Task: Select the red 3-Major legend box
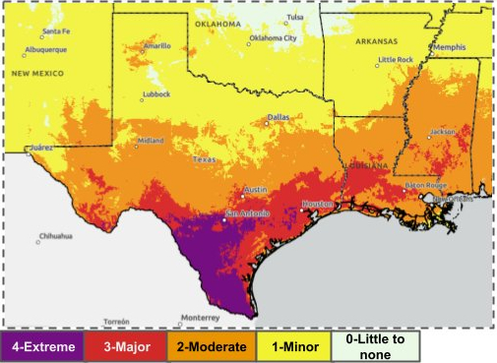[x=126, y=345]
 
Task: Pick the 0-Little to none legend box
[x=377, y=345]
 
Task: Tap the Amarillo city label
[x=156, y=45]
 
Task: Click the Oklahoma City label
[x=273, y=38]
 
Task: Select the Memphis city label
[x=451, y=47]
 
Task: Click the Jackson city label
[x=443, y=131]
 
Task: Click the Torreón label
[x=116, y=322]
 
